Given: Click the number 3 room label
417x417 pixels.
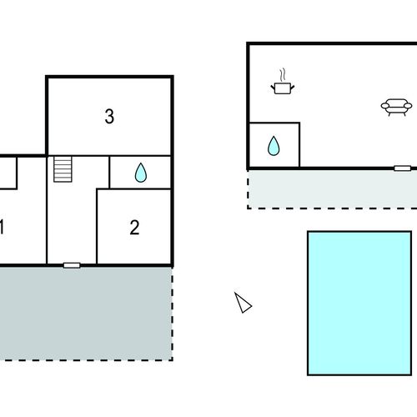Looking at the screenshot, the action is click(109, 116).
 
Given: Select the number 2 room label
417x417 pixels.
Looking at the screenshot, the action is click(134, 228).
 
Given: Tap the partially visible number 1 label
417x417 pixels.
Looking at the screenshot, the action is click(2, 227).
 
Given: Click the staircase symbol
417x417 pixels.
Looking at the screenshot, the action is click(63, 169).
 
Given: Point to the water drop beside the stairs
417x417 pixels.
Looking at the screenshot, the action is click(141, 173).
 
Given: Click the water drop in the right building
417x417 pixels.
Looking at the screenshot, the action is click(274, 146).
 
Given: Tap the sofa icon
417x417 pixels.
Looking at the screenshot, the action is click(396, 107).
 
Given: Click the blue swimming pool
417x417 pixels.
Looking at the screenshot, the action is click(359, 303).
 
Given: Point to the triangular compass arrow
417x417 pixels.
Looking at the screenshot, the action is click(243, 304).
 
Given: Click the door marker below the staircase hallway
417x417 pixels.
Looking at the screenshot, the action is click(72, 265).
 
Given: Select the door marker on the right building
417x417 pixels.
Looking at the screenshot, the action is click(403, 168).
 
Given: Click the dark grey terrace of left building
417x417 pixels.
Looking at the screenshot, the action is click(86, 314).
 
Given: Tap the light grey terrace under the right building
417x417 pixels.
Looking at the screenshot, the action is click(333, 188).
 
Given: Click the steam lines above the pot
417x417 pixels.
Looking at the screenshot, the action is click(283, 74).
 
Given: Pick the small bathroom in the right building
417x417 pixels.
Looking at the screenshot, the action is click(274, 145).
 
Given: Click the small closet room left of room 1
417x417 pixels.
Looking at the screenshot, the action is click(8, 173).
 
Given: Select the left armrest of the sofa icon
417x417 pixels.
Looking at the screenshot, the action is click(385, 106).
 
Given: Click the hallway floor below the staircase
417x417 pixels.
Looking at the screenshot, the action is click(72, 223).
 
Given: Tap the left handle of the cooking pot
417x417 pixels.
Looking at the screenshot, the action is click(273, 88).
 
